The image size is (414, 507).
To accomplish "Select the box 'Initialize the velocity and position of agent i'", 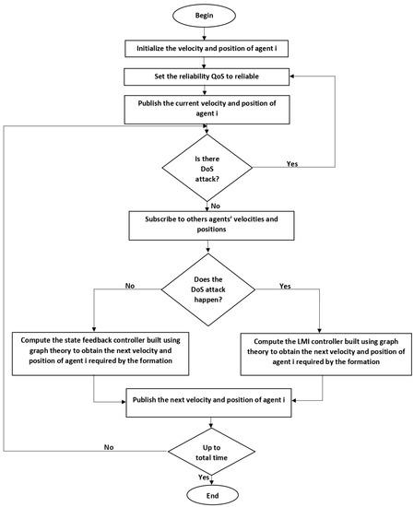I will point(207,48).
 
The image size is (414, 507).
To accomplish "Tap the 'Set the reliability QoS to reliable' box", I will point(207,77).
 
